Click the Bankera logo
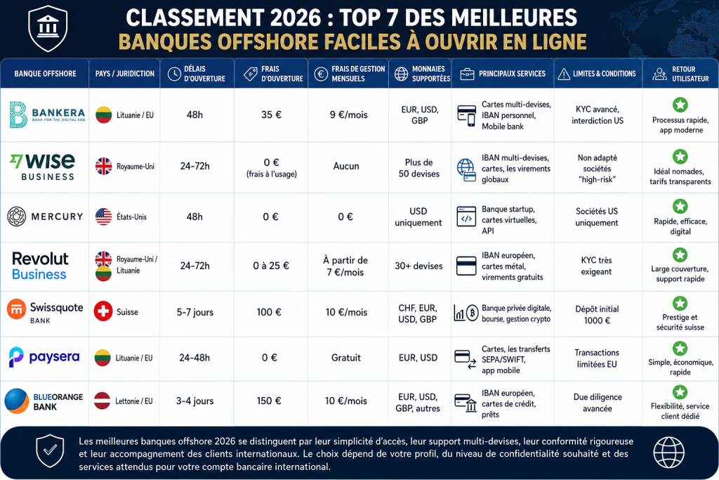pos(47,115)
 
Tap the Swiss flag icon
pos(103,311)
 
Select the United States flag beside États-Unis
pos(104,216)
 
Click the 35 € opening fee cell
pos(271,115)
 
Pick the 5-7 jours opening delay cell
pos(195,312)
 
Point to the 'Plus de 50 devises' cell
pos(419,168)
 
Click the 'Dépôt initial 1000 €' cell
pos(597,315)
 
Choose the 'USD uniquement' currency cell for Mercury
pos(418,217)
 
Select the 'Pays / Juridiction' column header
pos(125,73)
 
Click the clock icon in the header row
pos(174,74)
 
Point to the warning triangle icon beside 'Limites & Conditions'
pos(564,74)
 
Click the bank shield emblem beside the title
pos(48,28)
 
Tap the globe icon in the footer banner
pos(668,453)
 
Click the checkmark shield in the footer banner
pos(50,450)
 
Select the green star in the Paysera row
pos(680,349)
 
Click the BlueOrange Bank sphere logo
pos(17,401)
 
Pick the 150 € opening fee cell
pos(269,401)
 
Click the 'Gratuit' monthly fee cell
pos(346,358)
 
